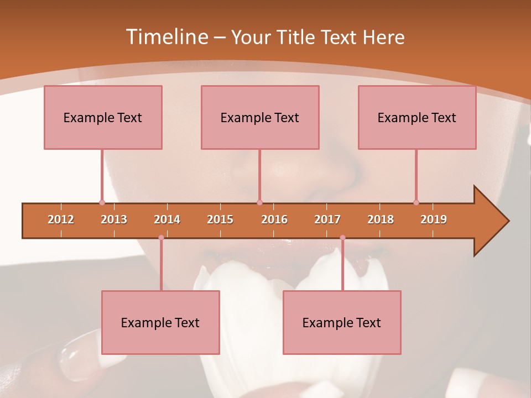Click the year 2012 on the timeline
[x=61, y=219]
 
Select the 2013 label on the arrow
[x=114, y=219]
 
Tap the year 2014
[x=167, y=219]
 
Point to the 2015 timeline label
[x=220, y=219]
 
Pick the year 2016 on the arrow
[x=274, y=219]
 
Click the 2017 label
[x=327, y=219]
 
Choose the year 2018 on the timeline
[x=381, y=219]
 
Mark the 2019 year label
[x=434, y=219]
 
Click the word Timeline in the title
[x=166, y=37]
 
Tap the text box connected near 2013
[x=103, y=117]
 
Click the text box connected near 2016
[x=260, y=117]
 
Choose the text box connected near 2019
[x=417, y=117]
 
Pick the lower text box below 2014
[x=160, y=322]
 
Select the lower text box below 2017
[x=342, y=322]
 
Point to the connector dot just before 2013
[x=102, y=202]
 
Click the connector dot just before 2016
[x=259, y=202]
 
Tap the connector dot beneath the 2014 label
[x=161, y=238]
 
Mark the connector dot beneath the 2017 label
[x=342, y=238]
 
